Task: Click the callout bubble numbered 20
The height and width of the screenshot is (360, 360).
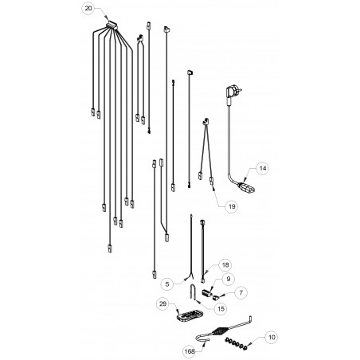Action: point(88,8)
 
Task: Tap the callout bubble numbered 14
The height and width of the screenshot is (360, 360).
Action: point(263,168)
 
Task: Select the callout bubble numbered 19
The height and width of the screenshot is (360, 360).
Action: point(232,206)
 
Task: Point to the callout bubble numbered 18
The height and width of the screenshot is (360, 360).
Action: point(225,264)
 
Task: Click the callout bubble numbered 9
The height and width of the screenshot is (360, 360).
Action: point(229,279)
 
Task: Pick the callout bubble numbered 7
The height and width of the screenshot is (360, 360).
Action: point(241,292)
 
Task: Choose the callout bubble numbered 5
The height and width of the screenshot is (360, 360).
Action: point(167,284)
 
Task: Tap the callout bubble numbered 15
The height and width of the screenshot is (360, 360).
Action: point(221,309)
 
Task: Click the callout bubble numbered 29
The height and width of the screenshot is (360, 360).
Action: point(162,303)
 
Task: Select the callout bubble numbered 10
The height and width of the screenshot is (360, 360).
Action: point(272,337)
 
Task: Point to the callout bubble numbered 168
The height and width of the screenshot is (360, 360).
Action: point(190,351)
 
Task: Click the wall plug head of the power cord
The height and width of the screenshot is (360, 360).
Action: point(233,91)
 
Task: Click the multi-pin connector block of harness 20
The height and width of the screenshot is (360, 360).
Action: point(112,25)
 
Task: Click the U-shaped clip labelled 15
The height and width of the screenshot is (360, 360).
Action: point(193,292)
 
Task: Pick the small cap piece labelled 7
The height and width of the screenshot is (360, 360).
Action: point(215,297)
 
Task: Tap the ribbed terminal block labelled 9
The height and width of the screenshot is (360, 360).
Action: point(207,293)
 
